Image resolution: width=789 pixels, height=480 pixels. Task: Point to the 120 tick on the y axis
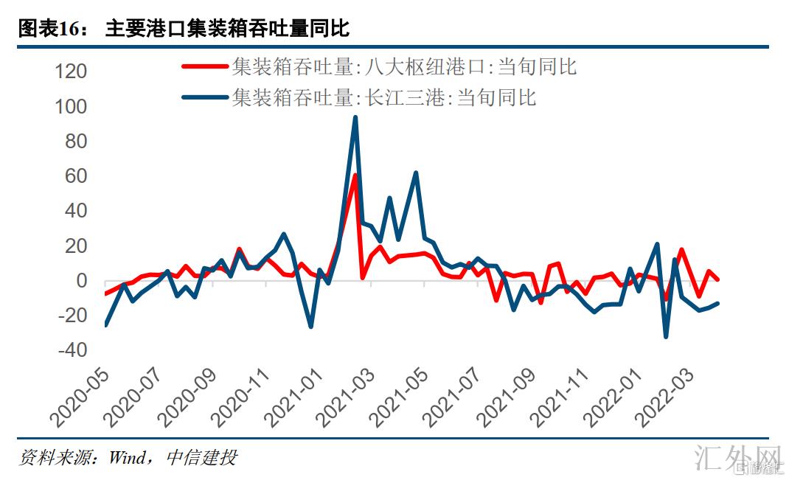click(x=72, y=72)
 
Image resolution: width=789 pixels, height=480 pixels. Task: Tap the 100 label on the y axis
click(x=72, y=107)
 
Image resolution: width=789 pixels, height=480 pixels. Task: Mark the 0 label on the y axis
click(x=81, y=281)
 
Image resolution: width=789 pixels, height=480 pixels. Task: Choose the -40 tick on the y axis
click(x=72, y=349)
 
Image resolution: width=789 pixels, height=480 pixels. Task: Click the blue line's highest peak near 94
click(x=355, y=117)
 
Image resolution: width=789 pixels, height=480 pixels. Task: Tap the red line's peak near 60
click(x=355, y=175)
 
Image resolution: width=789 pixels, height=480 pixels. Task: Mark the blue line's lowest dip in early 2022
click(x=666, y=336)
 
